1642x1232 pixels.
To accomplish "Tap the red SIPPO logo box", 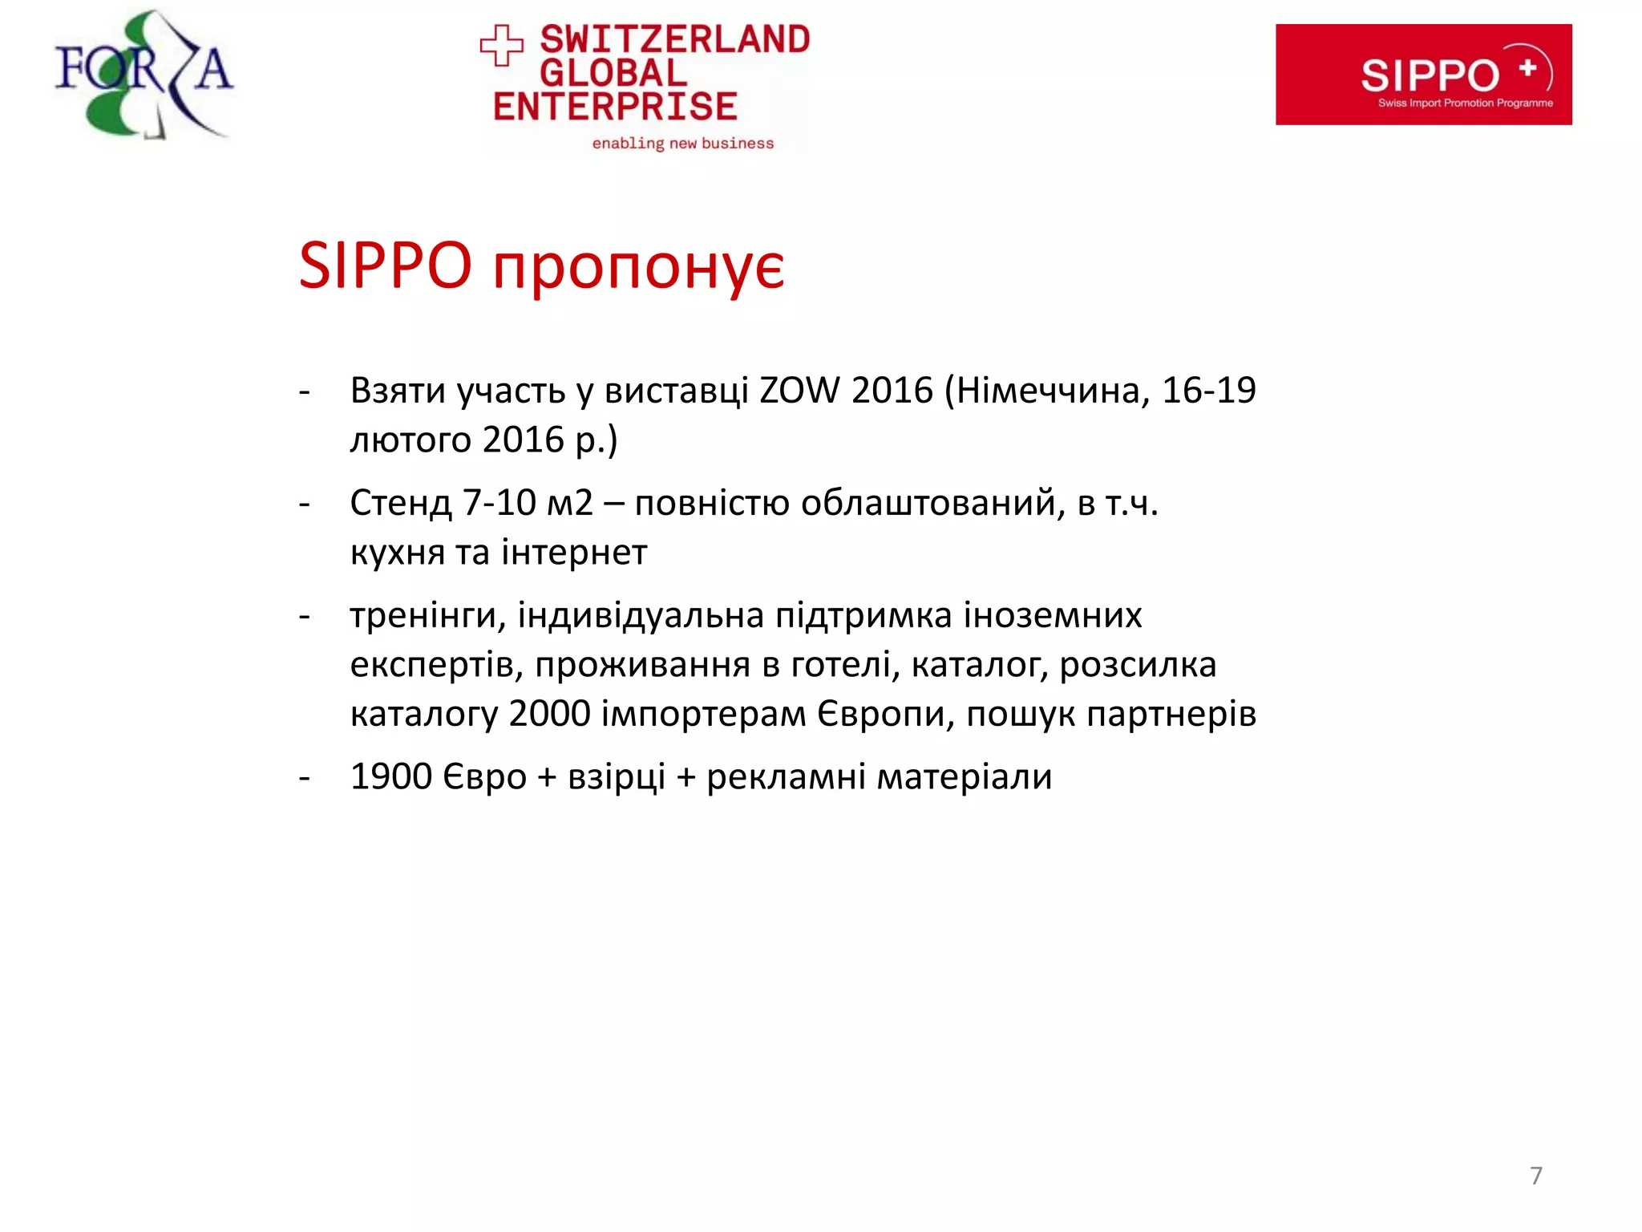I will coord(1423,75).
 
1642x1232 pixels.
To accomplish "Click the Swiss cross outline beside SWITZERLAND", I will coord(502,45).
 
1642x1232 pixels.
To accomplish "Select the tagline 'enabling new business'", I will coord(683,144).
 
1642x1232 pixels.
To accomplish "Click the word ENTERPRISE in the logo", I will coord(615,107).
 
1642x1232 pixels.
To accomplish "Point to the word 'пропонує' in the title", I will coord(638,266).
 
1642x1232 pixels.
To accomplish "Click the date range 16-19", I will coord(1208,391).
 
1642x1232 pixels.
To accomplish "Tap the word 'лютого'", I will coord(410,440).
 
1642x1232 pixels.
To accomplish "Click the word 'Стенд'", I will coord(401,504).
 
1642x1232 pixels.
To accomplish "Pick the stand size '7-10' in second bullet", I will coord(499,504).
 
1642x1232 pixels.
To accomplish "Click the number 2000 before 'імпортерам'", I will coord(549,714).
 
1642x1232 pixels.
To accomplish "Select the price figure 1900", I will coord(391,776).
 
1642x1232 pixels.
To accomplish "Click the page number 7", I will coord(1535,1176).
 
